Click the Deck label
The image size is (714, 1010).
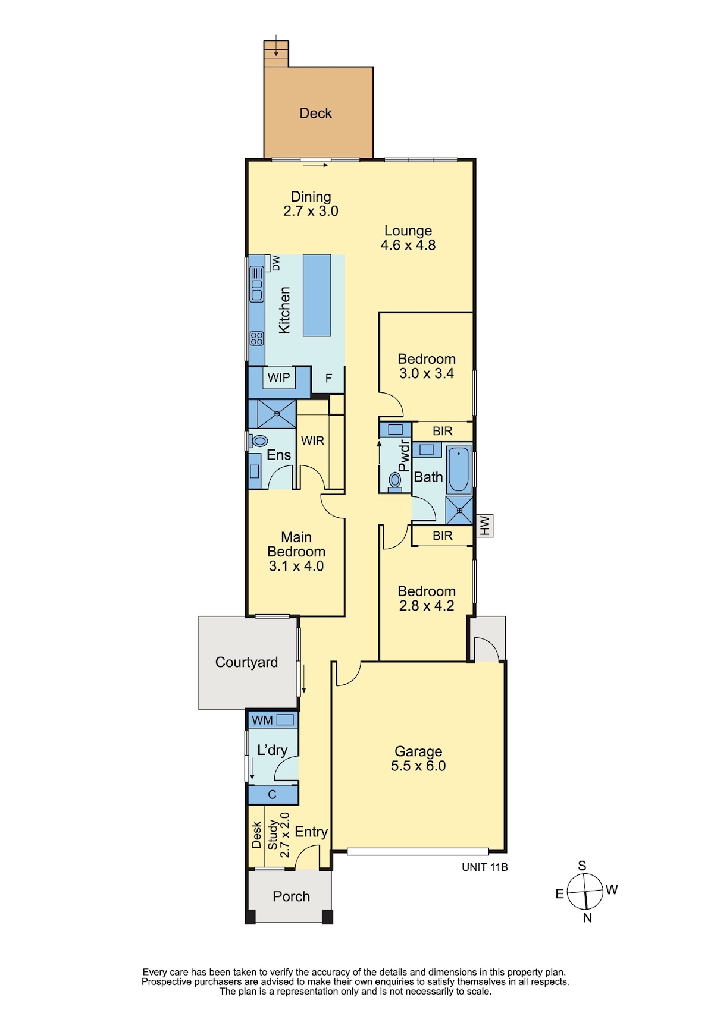315,113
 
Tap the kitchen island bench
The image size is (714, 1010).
317,295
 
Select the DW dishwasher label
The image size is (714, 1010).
275,263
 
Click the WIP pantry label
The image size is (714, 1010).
279,377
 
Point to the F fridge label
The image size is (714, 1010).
328,378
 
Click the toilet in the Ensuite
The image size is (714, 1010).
259,441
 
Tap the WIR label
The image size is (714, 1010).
312,441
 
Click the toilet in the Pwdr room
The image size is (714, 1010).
395,480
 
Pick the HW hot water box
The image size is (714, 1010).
485,526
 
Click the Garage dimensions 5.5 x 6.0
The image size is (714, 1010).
418,766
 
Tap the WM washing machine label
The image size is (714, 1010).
262,720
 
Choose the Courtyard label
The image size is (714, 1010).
246,662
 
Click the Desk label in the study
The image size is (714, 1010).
256,835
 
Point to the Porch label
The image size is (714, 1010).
291,896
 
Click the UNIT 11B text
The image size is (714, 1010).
485,867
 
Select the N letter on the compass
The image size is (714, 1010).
587,918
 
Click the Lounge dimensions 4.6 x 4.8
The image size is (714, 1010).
408,246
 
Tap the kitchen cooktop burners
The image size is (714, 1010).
257,338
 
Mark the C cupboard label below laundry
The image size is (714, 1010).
272,794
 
